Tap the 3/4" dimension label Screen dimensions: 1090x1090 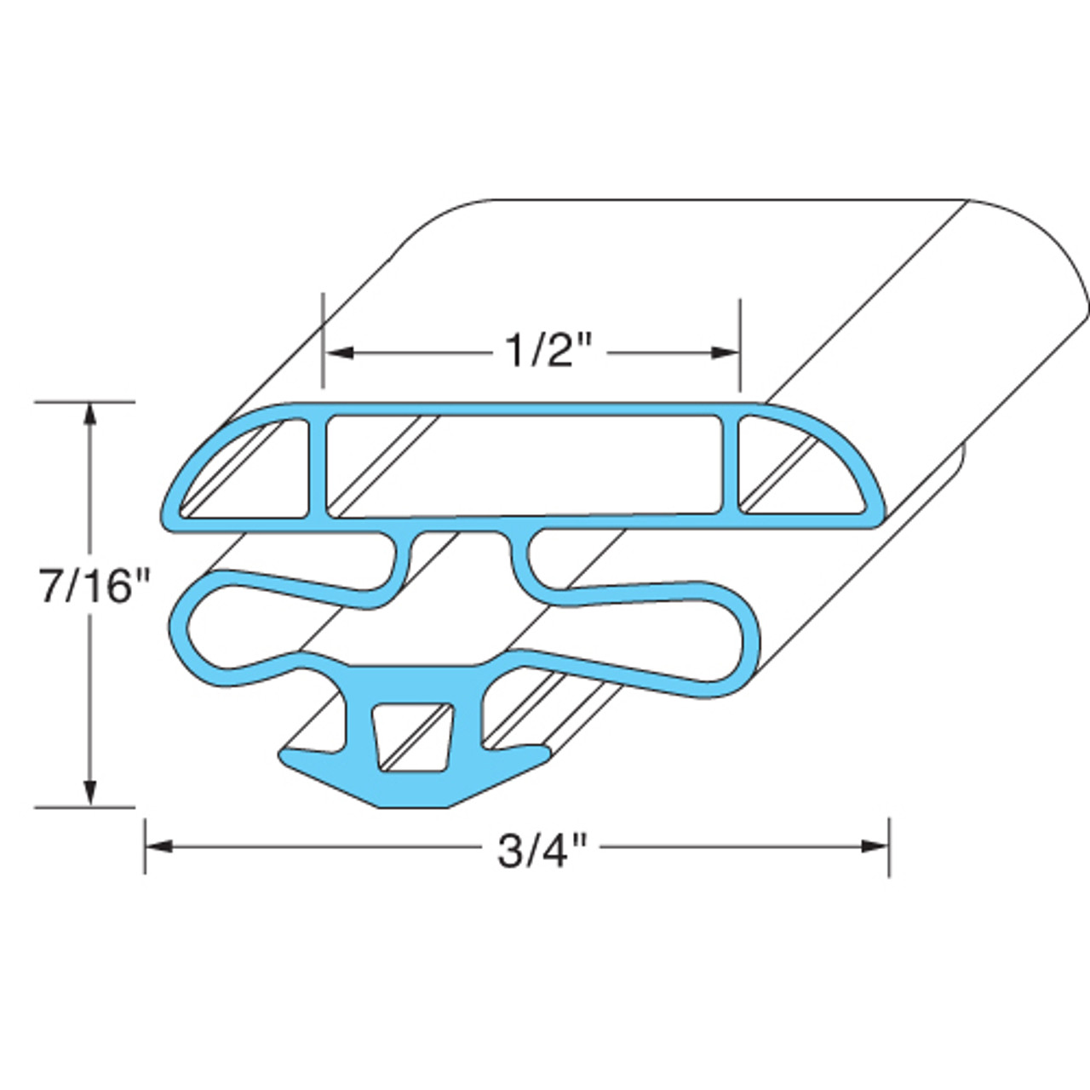coord(544,849)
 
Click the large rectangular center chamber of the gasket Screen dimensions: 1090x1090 coord(524,465)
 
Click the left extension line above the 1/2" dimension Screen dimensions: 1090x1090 coord(324,341)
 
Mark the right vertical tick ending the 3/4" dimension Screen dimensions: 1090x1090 coord(889,846)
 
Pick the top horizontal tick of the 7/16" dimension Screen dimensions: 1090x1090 coord(85,401)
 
